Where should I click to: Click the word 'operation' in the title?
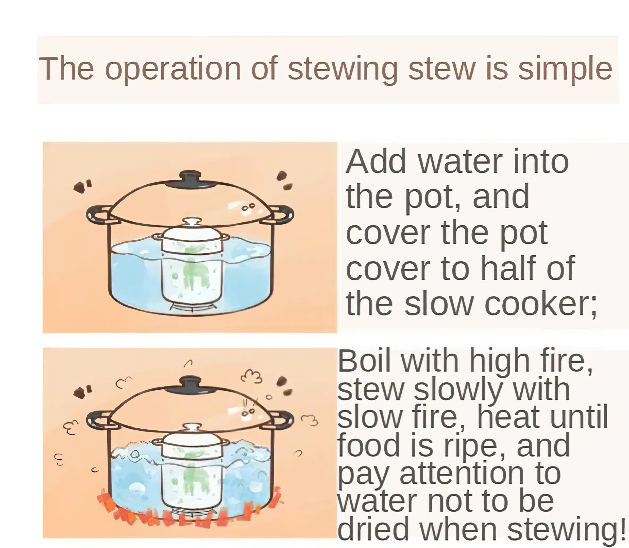(x=173, y=70)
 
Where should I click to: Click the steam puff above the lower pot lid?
(x=252, y=376)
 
